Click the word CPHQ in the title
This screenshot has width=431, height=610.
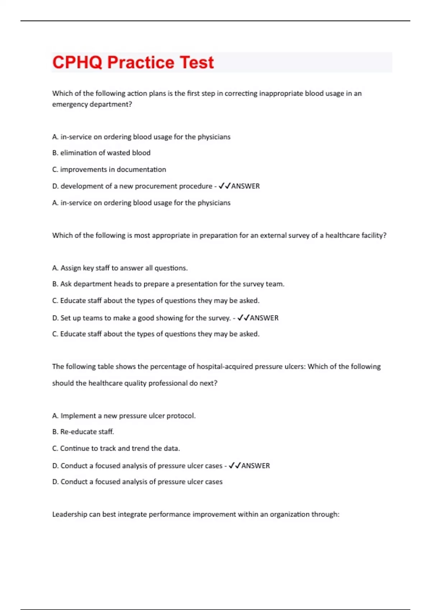click(77, 62)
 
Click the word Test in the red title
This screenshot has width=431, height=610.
click(196, 62)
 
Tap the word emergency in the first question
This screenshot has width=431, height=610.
click(69, 104)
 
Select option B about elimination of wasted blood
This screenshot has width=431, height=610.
click(101, 153)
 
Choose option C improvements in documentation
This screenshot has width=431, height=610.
click(109, 169)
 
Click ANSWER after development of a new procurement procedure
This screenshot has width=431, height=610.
click(245, 186)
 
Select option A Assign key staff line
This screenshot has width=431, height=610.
click(120, 268)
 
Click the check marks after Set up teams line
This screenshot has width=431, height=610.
click(243, 318)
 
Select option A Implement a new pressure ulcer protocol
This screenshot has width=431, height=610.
click(124, 416)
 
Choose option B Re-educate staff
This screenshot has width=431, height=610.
click(83, 432)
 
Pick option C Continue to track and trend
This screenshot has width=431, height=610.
click(116, 449)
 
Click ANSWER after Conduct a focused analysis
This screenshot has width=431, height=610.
click(255, 466)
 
